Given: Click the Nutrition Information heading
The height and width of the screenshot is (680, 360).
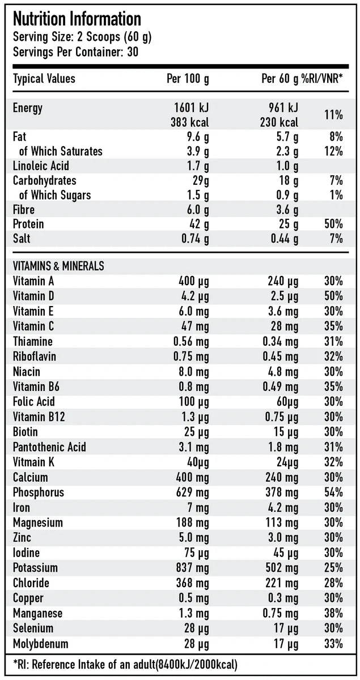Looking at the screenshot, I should (77, 19).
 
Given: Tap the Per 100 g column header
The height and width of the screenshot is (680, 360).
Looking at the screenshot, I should (187, 79).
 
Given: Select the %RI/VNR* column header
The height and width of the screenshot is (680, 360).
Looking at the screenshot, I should (323, 79).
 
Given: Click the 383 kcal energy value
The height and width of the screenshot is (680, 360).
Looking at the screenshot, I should (189, 122).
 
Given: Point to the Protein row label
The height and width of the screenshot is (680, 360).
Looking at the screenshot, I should (28, 224).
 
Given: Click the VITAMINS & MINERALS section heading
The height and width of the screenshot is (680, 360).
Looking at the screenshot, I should (58, 266).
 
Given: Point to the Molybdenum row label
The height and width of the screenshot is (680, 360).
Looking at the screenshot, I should (40, 644).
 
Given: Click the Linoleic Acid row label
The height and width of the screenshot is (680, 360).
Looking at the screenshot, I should (41, 166).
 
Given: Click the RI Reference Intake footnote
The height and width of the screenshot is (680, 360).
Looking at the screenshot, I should (125, 664).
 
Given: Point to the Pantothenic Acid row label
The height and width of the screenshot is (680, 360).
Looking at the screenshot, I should (49, 447).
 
